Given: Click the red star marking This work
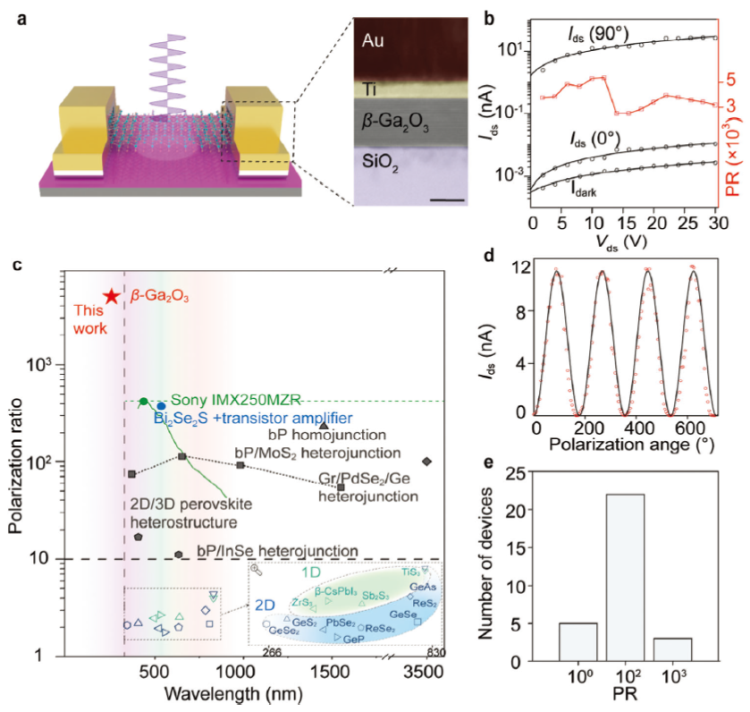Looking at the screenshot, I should pos(111,297).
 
